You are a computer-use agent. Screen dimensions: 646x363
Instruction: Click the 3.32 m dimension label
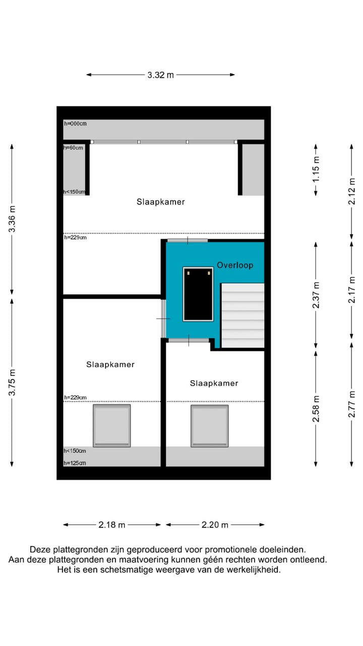pos(160,75)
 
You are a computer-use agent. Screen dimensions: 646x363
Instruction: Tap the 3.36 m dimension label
pos(12,220)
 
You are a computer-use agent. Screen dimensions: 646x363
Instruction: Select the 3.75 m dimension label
pos(12,382)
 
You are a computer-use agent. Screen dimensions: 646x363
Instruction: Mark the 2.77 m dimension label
pos(352,404)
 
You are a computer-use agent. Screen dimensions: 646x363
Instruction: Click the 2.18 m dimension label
pos(112,525)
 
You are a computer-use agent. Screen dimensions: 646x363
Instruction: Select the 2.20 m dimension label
pos(215,525)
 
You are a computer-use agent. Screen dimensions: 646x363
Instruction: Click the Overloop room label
pos(235,265)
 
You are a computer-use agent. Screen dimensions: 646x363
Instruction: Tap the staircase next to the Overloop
pos(243,315)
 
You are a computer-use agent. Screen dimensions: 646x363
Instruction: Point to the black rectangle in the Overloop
pos(198,294)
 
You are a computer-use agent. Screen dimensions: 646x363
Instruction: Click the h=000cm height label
pos(75,123)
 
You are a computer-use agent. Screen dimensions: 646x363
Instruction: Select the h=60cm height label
pos(73,148)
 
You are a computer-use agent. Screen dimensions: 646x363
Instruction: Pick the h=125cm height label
pos(75,463)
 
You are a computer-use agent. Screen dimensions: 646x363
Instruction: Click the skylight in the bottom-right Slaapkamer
pos(209,425)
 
